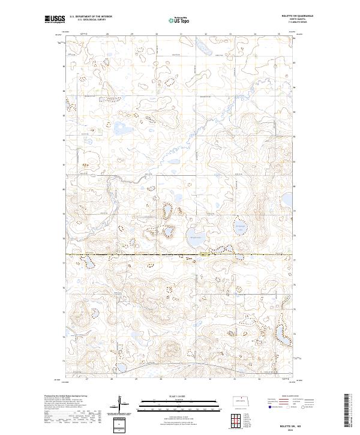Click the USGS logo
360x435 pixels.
[55, 19]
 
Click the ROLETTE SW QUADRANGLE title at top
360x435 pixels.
[304, 16]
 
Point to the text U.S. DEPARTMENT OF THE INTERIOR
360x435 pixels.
[91, 17]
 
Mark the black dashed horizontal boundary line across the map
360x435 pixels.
[180, 255]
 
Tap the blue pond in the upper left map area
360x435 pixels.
[121, 128]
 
